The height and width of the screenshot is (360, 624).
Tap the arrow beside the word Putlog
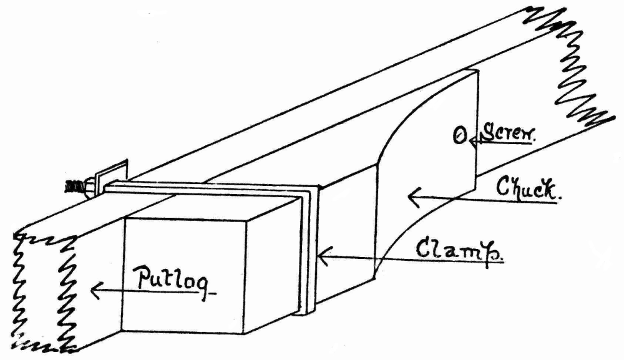point(112,289)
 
